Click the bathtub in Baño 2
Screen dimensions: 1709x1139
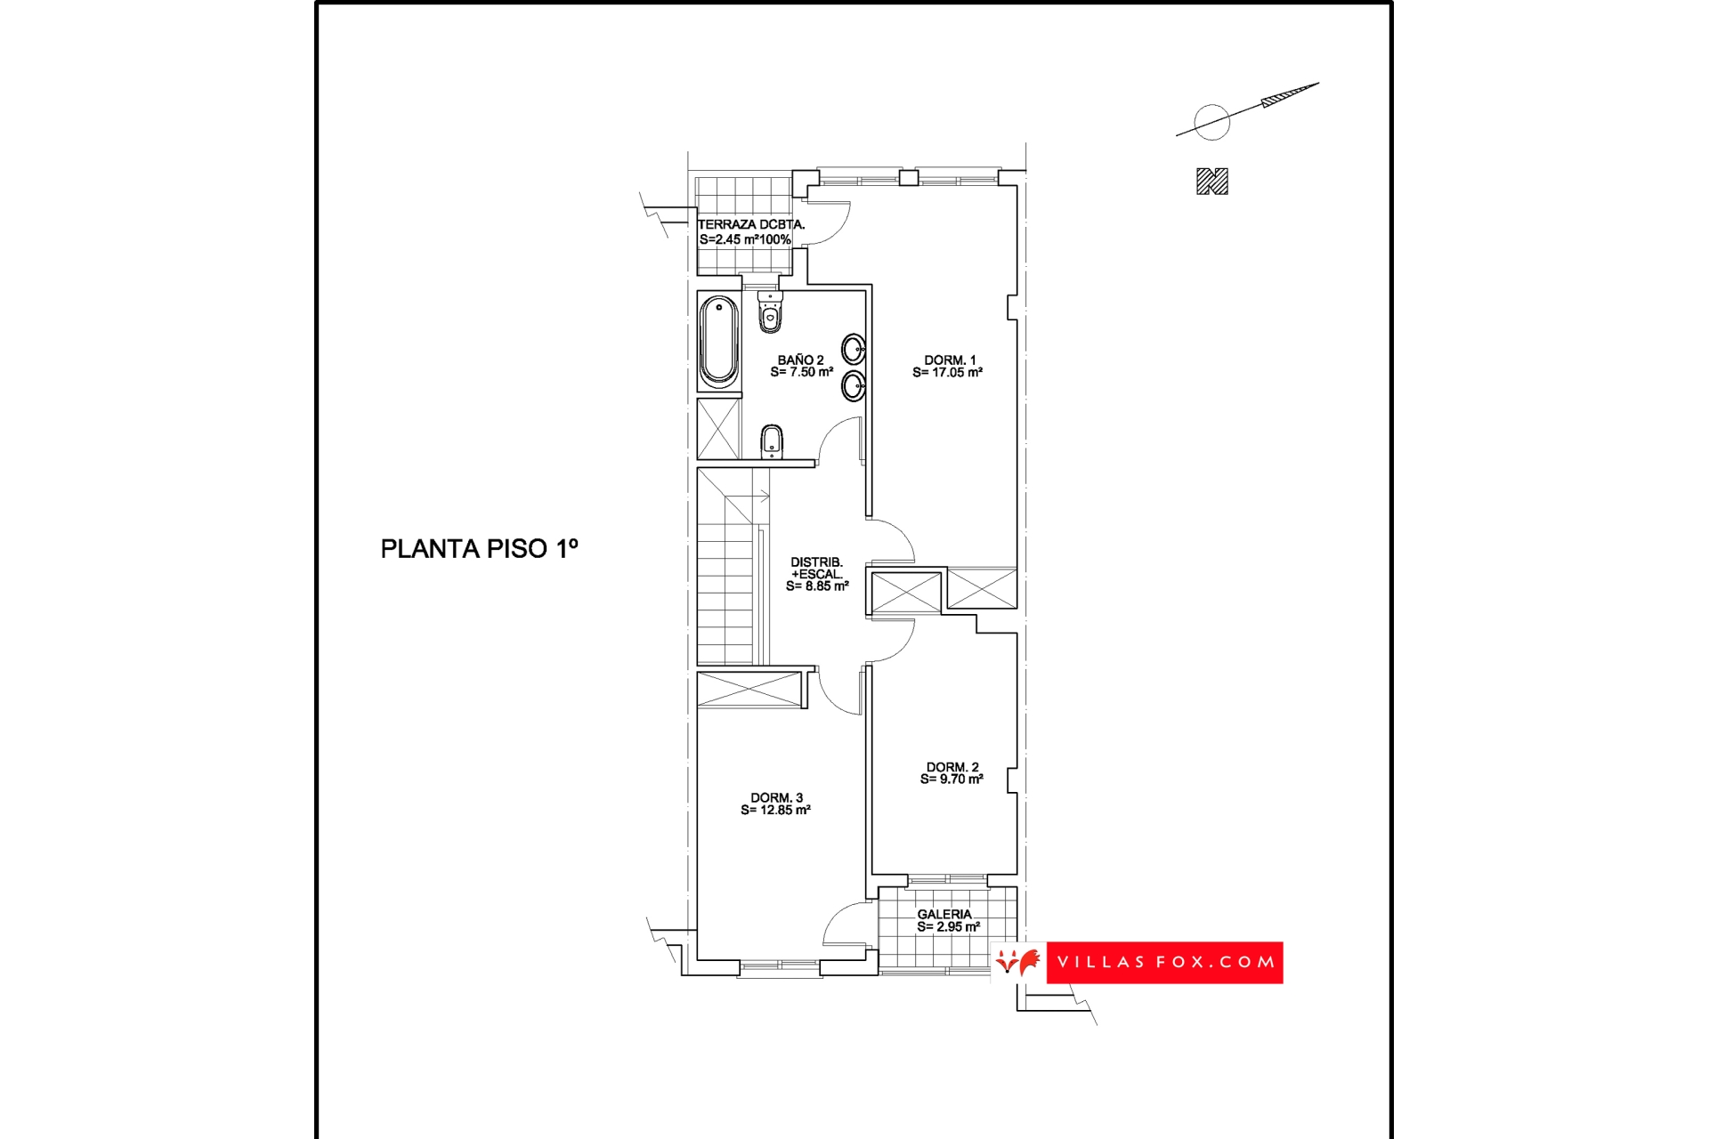pos(718,341)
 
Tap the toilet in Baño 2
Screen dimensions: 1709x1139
pos(770,313)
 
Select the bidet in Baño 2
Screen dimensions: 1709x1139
pos(772,441)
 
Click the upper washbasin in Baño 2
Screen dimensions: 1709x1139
pos(854,349)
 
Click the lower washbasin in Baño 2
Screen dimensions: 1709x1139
pos(854,386)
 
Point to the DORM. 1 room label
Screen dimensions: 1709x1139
pos(950,360)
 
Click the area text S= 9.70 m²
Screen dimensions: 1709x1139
pos(952,780)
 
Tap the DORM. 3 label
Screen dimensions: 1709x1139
pos(776,798)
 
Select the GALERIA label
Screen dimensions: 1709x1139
pos(944,914)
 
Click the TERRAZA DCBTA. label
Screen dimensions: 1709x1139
pos(751,224)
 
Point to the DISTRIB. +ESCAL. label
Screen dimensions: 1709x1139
pos(817,568)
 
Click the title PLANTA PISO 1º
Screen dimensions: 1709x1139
pos(479,549)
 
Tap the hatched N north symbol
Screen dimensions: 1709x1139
pos(1212,182)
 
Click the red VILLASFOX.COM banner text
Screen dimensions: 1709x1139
pos(1166,962)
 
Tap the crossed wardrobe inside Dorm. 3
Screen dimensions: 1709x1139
pos(749,690)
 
